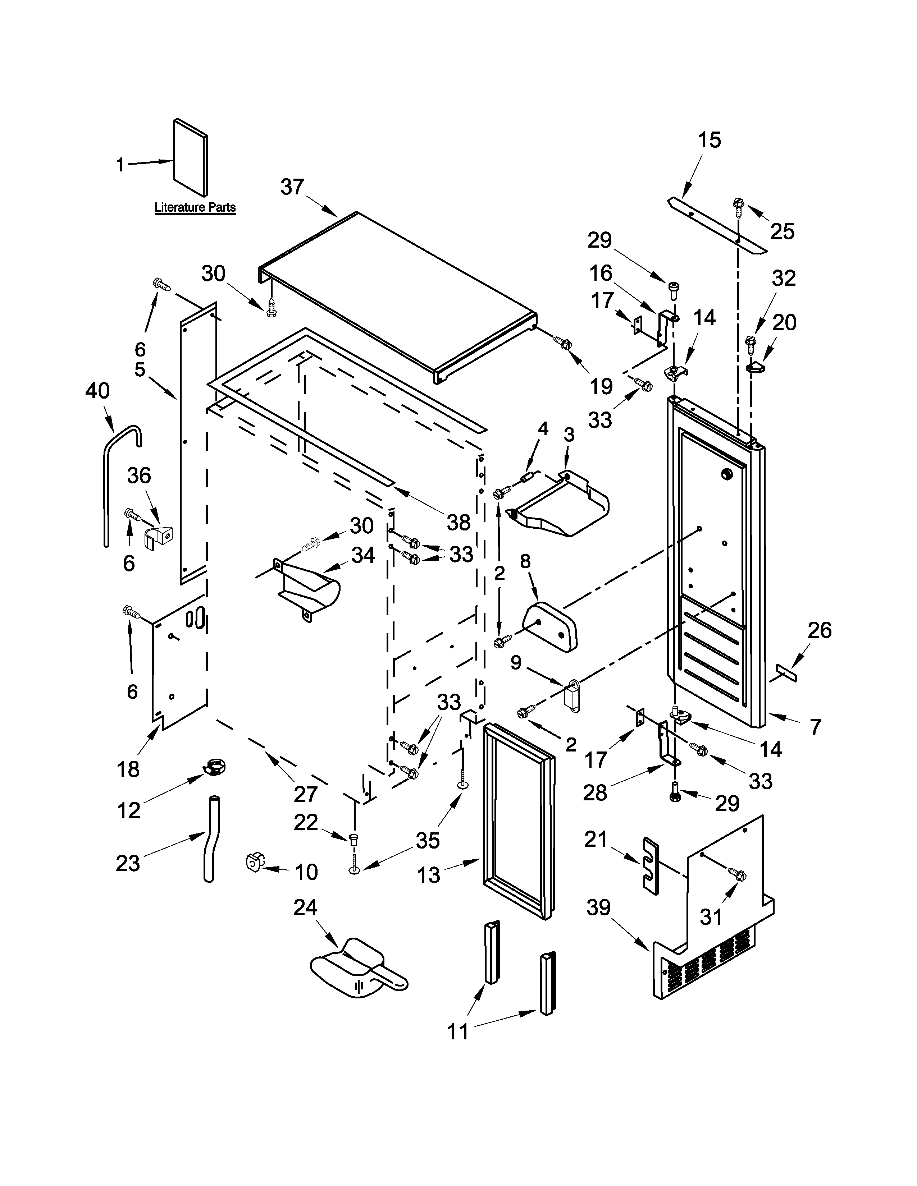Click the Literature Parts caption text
click(195, 207)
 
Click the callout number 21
click(596, 840)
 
